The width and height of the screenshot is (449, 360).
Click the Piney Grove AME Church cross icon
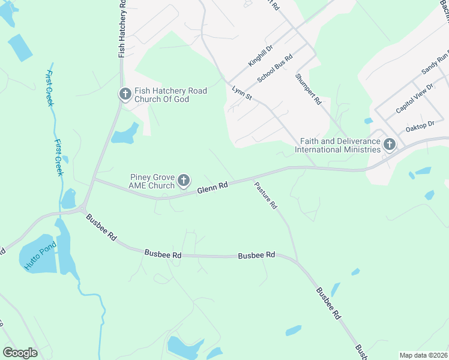[x=184, y=180]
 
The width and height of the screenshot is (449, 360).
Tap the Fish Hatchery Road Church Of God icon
[x=125, y=94]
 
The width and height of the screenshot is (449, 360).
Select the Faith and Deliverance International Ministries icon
[x=389, y=144]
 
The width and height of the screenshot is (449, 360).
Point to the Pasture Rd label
[x=265, y=196]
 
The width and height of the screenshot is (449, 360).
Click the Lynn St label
[x=241, y=93]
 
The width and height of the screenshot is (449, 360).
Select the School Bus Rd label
[x=274, y=68]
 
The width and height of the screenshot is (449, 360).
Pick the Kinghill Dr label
[x=261, y=55]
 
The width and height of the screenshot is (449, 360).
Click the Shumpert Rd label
[x=308, y=89]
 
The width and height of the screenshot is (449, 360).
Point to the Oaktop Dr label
[x=420, y=126]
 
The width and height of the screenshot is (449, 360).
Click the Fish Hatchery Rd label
[x=122, y=29]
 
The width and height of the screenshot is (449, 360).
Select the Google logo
[x=20, y=353]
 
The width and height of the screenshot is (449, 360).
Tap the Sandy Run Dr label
[x=435, y=62]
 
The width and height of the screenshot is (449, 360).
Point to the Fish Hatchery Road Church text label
[x=170, y=95]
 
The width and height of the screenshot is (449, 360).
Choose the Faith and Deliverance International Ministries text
[x=340, y=145]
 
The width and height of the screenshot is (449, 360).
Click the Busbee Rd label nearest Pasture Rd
[x=256, y=255]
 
